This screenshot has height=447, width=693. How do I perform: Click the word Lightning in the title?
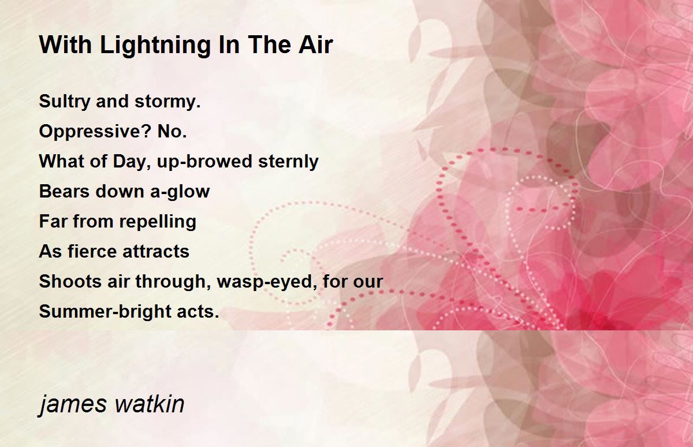coord(155,46)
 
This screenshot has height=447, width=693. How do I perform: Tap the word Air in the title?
coord(315,45)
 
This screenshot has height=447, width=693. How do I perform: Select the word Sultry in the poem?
coord(64,102)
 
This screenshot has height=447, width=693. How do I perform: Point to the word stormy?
coord(167,102)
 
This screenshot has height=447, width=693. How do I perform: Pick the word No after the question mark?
coord(172,131)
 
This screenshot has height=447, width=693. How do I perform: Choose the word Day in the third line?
coord(129,162)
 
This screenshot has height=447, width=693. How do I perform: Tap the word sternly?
coord(288,162)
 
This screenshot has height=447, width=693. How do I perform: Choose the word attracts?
coord(156,251)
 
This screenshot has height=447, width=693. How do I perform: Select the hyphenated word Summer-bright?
coord(105,311)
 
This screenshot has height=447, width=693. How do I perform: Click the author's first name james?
coord(72,404)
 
